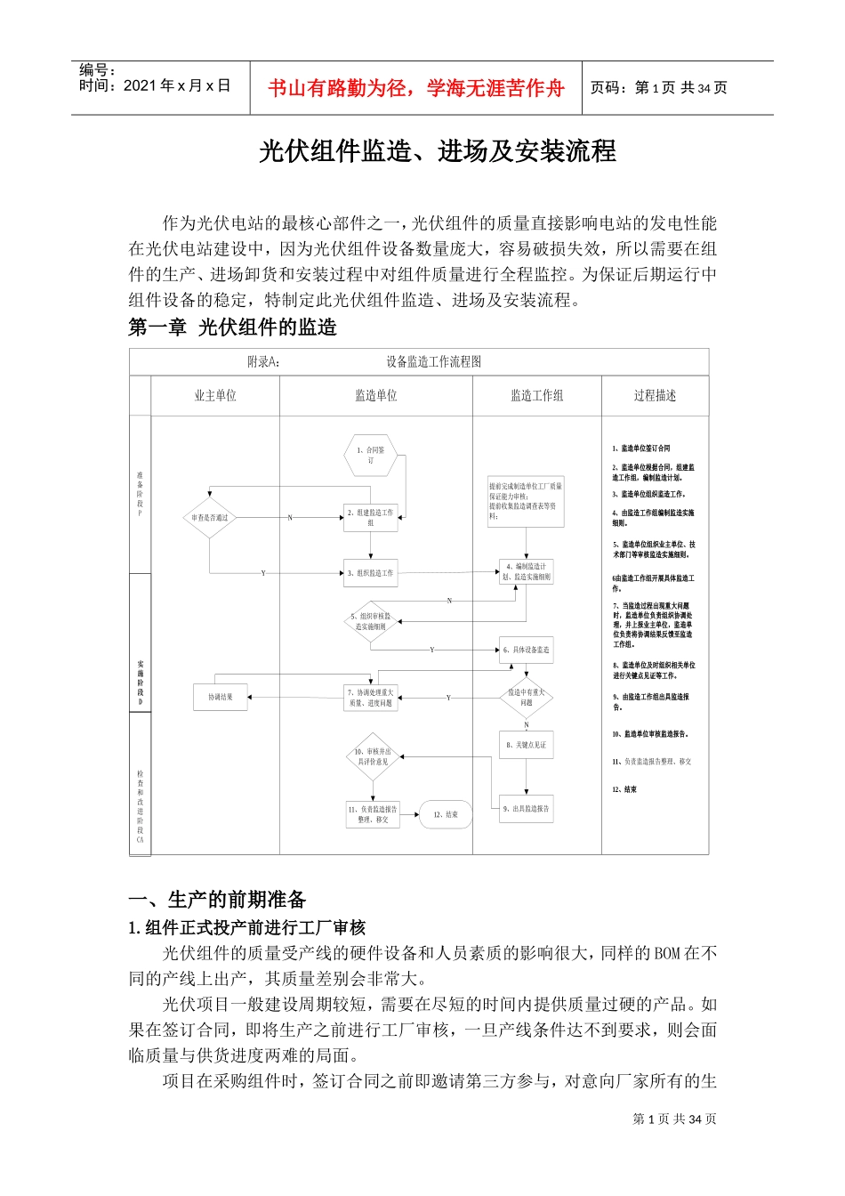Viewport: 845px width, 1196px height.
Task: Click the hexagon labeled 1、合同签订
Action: [x=370, y=455]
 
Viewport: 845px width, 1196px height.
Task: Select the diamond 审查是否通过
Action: [x=209, y=517]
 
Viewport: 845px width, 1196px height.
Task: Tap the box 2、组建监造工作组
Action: [x=370, y=517]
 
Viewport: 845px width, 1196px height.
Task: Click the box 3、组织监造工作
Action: [x=370, y=573]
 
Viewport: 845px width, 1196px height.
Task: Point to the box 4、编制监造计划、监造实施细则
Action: [x=527, y=572]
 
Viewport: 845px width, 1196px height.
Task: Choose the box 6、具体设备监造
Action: [x=527, y=650]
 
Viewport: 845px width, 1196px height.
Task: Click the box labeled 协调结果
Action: [x=220, y=697]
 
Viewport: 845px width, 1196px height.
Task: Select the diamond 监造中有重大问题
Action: [x=527, y=697]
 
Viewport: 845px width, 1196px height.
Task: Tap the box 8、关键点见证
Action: [x=527, y=745]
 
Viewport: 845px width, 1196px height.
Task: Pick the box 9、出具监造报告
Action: [x=527, y=809]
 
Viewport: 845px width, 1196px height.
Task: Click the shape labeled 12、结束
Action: [x=447, y=813]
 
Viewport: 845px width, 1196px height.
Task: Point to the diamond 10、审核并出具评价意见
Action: [x=372, y=756]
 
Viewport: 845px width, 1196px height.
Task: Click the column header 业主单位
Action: [x=215, y=396]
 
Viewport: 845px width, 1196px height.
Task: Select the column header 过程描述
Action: [x=655, y=396]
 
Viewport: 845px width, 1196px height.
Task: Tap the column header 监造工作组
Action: [x=536, y=396]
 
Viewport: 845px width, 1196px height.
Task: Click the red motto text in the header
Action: [x=415, y=88]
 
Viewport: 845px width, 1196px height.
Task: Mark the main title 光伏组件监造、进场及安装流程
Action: [x=437, y=151]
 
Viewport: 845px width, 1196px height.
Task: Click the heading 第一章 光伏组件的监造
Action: [x=232, y=327]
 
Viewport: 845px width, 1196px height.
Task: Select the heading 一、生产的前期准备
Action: [x=217, y=899]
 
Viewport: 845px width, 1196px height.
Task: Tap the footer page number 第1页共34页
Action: [x=674, y=1119]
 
